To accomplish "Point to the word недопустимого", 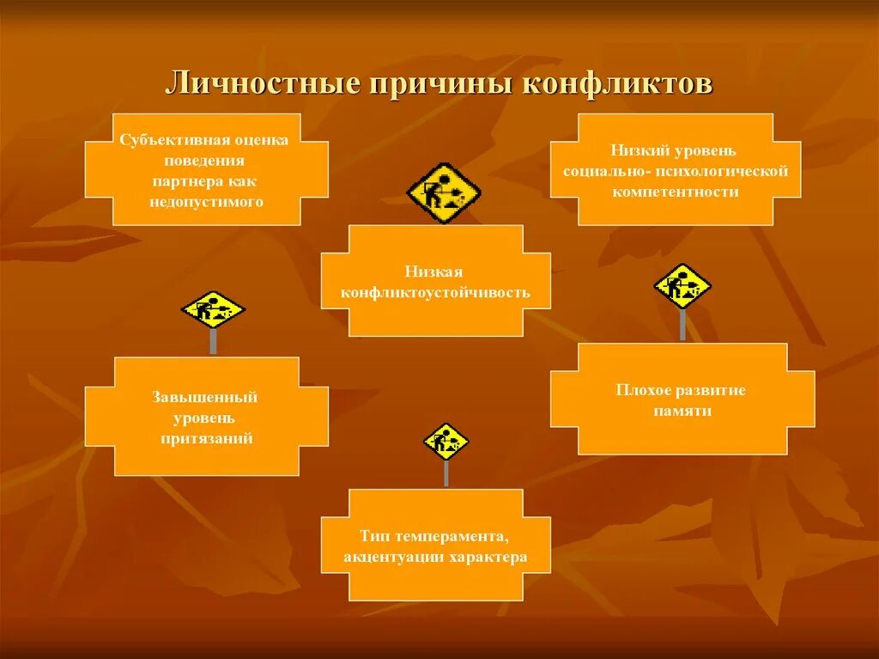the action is pyautogui.click(x=205, y=202).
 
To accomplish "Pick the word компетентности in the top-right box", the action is pyautogui.click(x=676, y=192).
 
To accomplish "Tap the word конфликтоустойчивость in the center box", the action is pyautogui.click(x=435, y=292).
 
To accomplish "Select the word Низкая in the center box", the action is pyautogui.click(x=435, y=272).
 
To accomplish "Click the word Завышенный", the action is pyautogui.click(x=205, y=397).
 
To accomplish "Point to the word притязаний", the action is pyautogui.click(x=206, y=438).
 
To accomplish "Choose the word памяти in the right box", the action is pyautogui.click(x=681, y=411).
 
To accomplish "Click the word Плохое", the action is pyautogui.click(x=640, y=390).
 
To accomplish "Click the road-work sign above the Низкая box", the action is pyautogui.click(x=443, y=192).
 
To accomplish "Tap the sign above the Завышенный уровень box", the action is pyautogui.click(x=213, y=310).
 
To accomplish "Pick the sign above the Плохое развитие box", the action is pyautogui.click(x=682, y=285).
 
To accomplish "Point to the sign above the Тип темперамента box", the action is pyautogui.click(x=446, y=442).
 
